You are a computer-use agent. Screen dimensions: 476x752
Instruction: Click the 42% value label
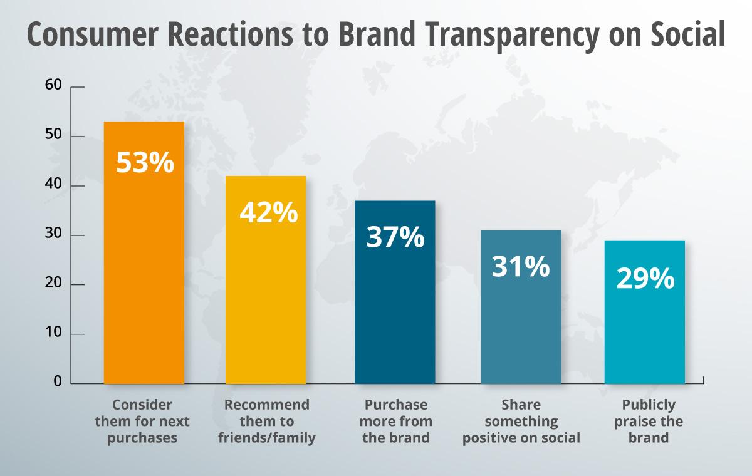pyautogui.click(x=268, y=212)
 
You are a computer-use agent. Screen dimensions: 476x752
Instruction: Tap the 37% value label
pyautogui.click(x=395, y=237)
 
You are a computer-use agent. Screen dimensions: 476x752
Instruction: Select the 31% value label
pyautogui.click(x=521, y=267)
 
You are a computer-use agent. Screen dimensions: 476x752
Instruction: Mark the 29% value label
pyautogui.click(x=645, y=278)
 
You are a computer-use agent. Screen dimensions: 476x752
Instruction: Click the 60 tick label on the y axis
pyautogui.click(x=53, y=86)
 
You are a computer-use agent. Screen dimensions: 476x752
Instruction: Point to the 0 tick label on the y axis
pyautogui.click(x=57, y=383)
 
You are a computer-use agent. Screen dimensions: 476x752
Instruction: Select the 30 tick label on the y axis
pyautogui.click(x=53, y=235)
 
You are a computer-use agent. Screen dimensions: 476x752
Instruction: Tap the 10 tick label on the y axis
pyautogui.click(x=53, y=333)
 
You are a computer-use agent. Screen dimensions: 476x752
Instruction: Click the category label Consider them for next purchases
pyautogui.click(x=142, y=421)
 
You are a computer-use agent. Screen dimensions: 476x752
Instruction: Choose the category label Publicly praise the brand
pyautogui.click(x=649, y=421)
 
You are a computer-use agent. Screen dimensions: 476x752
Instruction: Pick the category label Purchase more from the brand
pyautogui.click(x=396, y=421)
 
